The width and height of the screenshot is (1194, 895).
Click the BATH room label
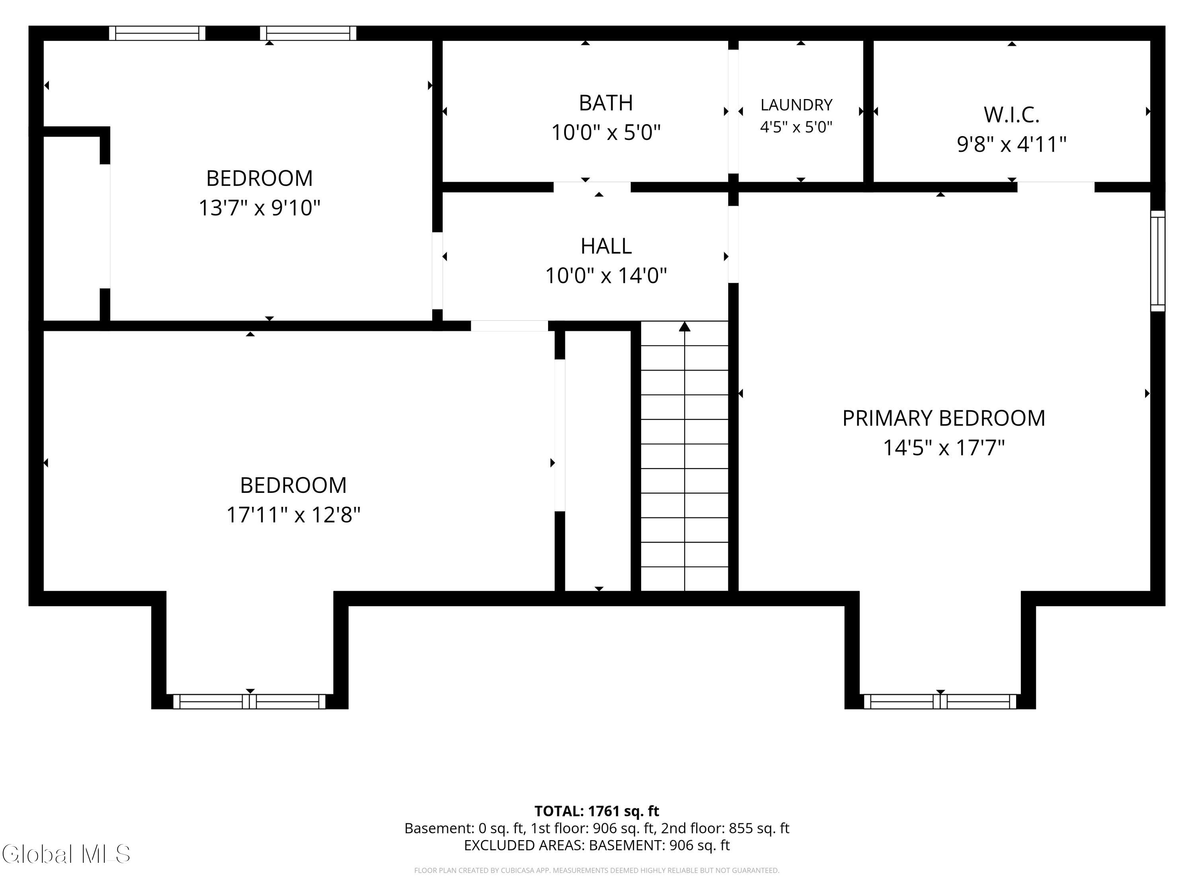pyautogui.click(x=606, y=103)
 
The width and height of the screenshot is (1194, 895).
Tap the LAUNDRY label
pyautogui.click(x=796, y=105)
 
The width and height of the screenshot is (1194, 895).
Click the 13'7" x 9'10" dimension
pyautogui.click(x=259, y=208)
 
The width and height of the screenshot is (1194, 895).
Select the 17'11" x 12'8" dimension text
pyautogui.click(x=293, y=515)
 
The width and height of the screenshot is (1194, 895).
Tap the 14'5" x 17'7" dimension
pyautogui.click(x=944, y=448)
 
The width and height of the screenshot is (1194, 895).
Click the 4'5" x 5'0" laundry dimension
pyautogui.click(x=796, y=127)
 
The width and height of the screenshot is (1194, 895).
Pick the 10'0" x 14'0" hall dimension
pyautogui.click(x=606, y=276)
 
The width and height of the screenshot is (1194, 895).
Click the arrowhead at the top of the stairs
pyautogui.click(x=685, y=327)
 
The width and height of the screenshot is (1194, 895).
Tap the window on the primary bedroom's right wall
pyautogui.click(x=1158, y=261)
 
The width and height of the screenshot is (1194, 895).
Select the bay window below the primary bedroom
pyautogui.click(x=940, y=701)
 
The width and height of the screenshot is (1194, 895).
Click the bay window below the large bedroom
pyautogui.click(x=250, y=701)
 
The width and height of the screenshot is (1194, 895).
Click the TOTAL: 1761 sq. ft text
pyautogui.click(x=597, y=811)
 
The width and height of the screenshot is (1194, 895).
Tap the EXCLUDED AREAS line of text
pyautogui.click(x=597, y=845)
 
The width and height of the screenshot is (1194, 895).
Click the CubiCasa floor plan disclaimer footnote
pyautogui.click(x=597, y=871)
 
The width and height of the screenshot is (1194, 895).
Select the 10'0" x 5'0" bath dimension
pyautogui.click(x=606, y=132)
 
